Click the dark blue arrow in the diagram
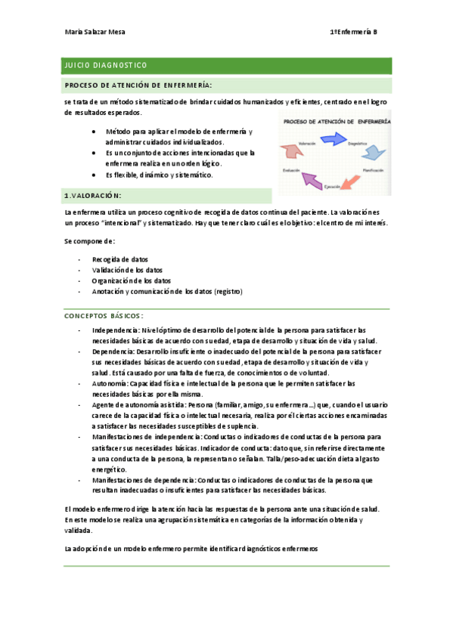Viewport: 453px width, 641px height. click(332, 138)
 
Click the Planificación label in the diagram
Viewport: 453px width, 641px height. click(376, 171)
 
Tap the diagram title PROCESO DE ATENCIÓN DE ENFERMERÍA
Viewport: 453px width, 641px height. click(336, 121)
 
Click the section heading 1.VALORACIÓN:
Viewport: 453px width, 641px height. click(94, 196)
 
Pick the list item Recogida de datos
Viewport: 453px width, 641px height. click(120, 259)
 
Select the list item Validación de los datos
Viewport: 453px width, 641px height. click(126, 270)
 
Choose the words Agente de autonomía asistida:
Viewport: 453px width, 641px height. click(143, 405)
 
